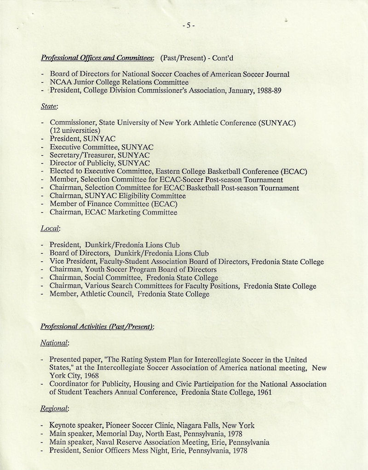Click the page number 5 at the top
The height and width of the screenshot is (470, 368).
coord(188,26)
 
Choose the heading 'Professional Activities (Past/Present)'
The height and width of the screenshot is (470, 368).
coord(97,327)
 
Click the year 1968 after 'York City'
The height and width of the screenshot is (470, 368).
coord(82,376)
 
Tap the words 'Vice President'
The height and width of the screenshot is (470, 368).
coord(73,261)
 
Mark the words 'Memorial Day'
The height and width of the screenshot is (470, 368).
coord(116,433)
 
